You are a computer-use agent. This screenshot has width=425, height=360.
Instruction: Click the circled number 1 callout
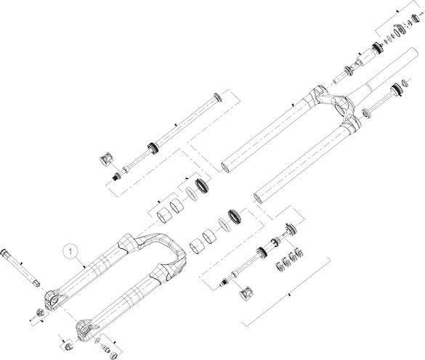[x=70, y=252]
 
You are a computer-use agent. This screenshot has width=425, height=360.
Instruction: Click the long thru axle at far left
[x=20, y=268]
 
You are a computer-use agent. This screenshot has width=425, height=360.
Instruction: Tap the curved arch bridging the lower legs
[x=160, y=247]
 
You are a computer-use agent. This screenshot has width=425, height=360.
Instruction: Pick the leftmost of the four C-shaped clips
[x=279, y=267]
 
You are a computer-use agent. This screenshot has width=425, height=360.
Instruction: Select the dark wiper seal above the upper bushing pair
[x=201, y=185]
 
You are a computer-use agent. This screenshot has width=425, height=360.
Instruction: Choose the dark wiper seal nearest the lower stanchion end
[x=234, y=216]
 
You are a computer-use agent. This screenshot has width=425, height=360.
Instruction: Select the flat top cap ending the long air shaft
[x=218, y=97]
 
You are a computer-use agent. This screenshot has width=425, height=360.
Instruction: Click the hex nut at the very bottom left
[x=67, y=346]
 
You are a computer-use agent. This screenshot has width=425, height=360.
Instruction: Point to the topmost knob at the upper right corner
[x=416, y=17]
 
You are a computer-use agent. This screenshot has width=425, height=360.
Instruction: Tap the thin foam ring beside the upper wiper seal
[x=191, y=194]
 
